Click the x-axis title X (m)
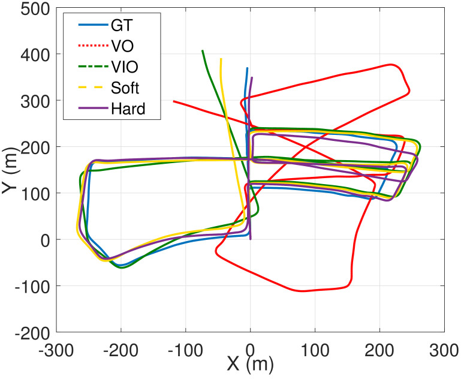point(250,363)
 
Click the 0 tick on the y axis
point(46,239)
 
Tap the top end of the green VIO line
point(202,51)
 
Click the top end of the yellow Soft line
point(221,59)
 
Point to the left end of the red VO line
point(174,101)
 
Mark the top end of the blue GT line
point(247,68)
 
